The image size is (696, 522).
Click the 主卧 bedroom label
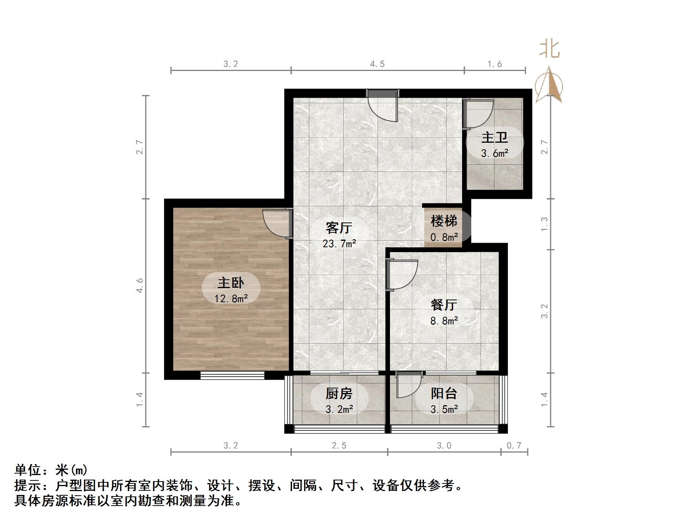231,283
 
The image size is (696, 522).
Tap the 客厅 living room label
339,228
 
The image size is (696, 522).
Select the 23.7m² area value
339,243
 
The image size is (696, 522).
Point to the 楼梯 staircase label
444,221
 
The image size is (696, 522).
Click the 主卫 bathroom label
495,137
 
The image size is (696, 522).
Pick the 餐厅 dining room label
444,305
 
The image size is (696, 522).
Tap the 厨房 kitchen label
339,393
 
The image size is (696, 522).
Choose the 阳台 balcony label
444,393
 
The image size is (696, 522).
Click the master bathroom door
477,114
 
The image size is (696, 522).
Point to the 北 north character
549,50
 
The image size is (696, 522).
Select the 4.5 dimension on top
377,64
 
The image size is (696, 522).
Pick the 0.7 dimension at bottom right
514,446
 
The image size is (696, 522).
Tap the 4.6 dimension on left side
140,285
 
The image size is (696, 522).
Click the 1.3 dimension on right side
545,224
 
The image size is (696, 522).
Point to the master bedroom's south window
232,375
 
